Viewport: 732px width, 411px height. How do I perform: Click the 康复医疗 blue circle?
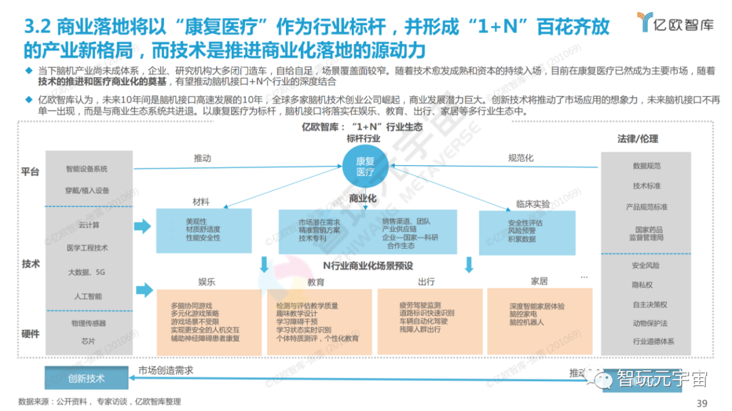tap(364, 167)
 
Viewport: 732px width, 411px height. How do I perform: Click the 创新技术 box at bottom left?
tap(87, 378)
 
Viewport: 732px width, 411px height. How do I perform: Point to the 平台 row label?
tap(30, 171)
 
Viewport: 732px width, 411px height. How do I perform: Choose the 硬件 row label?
tap(30, 333)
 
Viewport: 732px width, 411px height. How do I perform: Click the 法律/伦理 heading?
tap(637, 139)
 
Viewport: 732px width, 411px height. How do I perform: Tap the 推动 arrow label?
tap(203, 158)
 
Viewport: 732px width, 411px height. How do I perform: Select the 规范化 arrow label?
tap(521, 158)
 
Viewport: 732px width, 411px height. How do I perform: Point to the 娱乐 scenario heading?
tap(207, 281)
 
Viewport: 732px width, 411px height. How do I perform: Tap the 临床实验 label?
tap(533, 203)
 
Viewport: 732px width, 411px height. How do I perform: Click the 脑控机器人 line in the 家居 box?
tap(527, 322)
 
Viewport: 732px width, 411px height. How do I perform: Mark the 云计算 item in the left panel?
tap(88, 225)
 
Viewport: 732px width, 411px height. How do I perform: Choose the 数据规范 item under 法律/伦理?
tap(647, 166)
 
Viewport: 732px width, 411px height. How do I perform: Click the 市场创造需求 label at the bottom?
tap(166, 370)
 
